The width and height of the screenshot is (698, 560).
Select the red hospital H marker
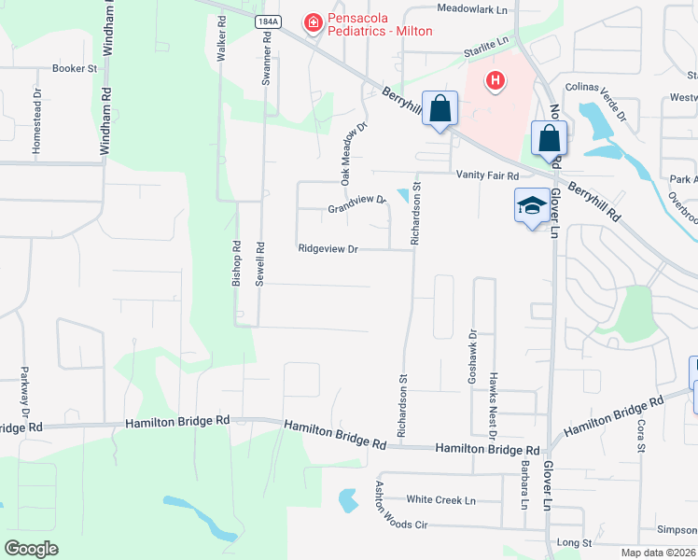[495, 82]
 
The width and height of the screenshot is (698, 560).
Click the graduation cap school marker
[530, 206]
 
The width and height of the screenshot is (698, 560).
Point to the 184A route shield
[265, 20]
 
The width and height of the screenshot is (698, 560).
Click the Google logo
[31, 549]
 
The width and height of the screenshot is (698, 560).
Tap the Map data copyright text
[658, 553]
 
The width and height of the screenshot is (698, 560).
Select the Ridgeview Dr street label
[328, 249]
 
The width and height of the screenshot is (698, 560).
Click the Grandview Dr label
[356, 203]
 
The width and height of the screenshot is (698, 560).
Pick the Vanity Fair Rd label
[487, 175]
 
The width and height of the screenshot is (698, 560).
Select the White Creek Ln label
[440, 500]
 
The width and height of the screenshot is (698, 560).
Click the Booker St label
[75, 68]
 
